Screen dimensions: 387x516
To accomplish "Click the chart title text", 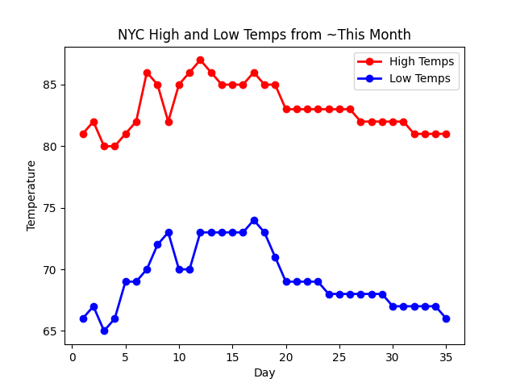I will pyautogui.click(x=264, y=35).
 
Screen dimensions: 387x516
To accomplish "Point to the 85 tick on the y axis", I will pyautogui.click(x=54, y=85).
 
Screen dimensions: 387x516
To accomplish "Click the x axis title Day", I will pyautogui.click(x=264, y=373).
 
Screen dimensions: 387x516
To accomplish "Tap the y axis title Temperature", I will pyautogui.click(x=31, y=195).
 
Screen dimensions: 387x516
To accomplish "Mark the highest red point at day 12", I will pyautogui.click(x=200, y=60).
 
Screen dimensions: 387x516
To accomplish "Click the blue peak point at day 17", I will pyautogui.click(x=254, y=220).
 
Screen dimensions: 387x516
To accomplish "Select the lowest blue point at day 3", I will pyautogui.click(x=104, y=331).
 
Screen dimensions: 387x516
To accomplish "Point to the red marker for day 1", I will pyautogui.click(x=83, y=134).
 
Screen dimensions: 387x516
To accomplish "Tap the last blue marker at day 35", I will pyautogui.click(x=446, y=318).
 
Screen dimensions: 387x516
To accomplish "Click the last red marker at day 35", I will pyautogui.click(x=446, y=134).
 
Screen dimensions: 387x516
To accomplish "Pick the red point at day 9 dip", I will pyautogui.click(x=169, y=122).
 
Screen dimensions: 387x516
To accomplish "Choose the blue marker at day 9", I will pyautogui.click(x=169, y=232).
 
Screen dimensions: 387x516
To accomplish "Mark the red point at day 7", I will pyautogui.click(x=147, y=73).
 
